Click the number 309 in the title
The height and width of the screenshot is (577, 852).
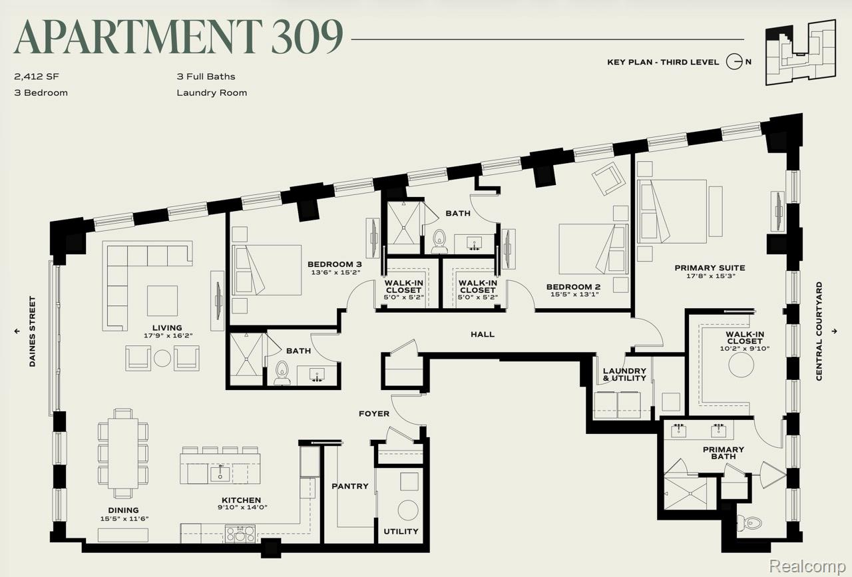[x=308, y=37]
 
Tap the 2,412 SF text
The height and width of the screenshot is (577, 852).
[x=37, y=77]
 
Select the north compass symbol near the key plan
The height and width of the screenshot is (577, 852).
[x=734, y=62]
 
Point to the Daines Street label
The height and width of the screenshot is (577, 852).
[x=33, y=331]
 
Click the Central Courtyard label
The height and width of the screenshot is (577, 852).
[x=819, y=331]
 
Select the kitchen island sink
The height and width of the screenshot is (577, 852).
[x=220, y=473]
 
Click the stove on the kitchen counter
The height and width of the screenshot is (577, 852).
[x=240, y=533]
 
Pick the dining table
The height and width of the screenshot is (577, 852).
[x=123, y=453]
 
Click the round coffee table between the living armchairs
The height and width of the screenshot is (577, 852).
[x=162, y=358]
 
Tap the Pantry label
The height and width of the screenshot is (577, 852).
[x=350, y=486]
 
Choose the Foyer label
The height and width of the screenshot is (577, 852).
[x=374, y=414]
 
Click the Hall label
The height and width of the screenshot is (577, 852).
[x=483, y=334]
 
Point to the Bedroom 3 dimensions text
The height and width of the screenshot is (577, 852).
[x=335, y=272]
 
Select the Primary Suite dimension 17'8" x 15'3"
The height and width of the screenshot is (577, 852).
[x=710, y=276]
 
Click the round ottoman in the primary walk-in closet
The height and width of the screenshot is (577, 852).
[x=741, y=365]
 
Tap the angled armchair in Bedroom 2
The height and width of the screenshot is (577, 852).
[x=608, y=179]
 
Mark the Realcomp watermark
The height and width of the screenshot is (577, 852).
[x=807, y=566]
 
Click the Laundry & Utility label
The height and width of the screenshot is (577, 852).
[x=624, y=374]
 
